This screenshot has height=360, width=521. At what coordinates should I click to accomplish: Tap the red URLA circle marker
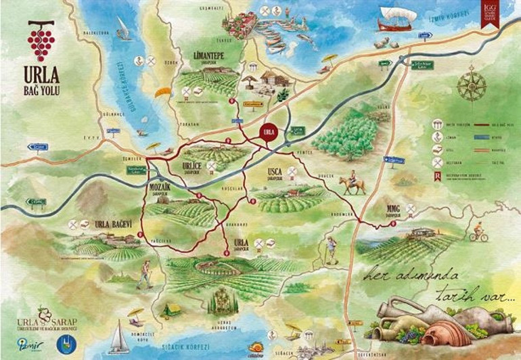point(269,131)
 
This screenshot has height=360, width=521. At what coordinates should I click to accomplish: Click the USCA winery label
point(275,172)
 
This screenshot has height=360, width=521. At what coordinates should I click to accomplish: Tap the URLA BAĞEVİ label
point(112,224)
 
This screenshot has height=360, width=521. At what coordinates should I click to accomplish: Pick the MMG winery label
point(394,208)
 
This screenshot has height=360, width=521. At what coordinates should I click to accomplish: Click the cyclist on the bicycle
point(478,235)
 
